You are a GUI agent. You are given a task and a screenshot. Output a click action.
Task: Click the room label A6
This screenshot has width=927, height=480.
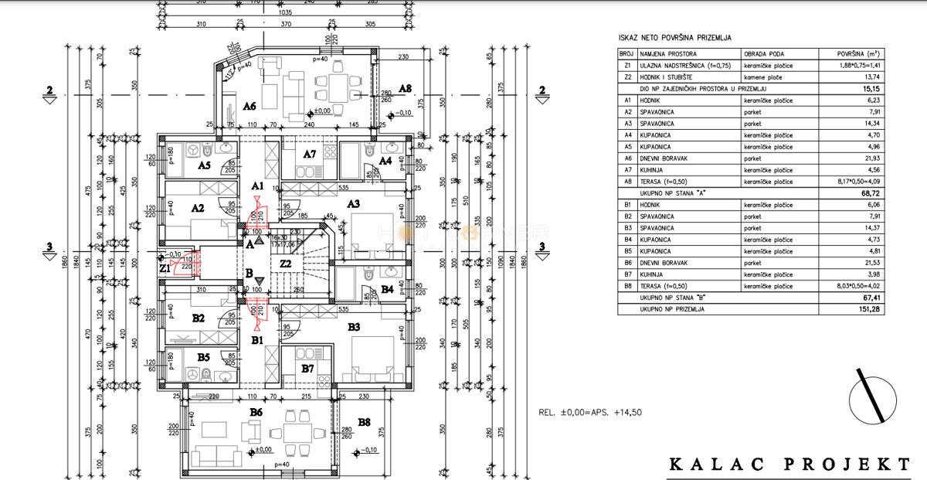pos(249,105)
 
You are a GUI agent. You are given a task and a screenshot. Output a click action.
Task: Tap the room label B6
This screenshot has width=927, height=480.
pos(256,414)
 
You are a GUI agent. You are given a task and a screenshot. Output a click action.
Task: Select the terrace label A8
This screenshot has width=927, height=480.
pos(405,89)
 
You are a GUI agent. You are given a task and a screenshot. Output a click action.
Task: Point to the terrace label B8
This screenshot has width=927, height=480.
pos(364,422)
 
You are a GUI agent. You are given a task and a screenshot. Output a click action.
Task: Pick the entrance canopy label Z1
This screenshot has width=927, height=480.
pos(165,268)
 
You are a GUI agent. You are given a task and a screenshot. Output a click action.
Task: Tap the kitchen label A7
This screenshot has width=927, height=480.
pos(309,154)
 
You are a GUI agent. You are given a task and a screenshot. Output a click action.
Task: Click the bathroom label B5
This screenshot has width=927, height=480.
pos(204,357)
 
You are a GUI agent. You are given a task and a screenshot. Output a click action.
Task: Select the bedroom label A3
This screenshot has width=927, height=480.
pos(353,203)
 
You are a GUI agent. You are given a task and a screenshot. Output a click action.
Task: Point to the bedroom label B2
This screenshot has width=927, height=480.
pos(198,318)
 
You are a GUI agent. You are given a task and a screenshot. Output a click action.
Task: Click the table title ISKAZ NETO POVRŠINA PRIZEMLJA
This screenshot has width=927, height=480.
pos(675,37)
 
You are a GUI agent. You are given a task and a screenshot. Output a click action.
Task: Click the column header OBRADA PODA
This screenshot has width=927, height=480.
pos(765,54)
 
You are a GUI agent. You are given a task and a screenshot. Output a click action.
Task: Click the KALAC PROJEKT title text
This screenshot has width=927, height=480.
pos(789,464)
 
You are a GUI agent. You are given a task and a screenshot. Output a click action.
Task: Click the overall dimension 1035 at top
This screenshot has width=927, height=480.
pos(285,12)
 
